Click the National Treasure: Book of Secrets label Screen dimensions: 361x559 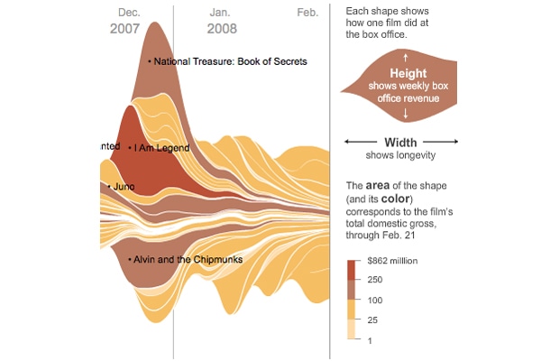230,61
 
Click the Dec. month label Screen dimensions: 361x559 129,13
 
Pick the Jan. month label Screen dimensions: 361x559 220,13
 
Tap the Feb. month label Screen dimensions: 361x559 307,13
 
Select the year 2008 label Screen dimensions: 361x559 221,29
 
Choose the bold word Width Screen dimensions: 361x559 400,142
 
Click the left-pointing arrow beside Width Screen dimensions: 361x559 360,142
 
